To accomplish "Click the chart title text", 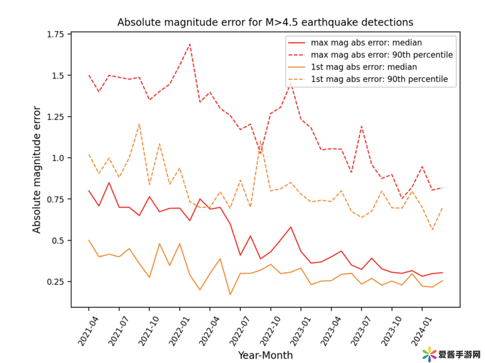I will pyautogui.click(x=265, y=22).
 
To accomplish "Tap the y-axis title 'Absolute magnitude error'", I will pyautogui.click(x=36, y=170).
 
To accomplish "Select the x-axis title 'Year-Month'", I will pyautogui.click(x=265, y=355).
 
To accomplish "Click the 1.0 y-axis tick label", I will pyautogui.click(x=58, y=158).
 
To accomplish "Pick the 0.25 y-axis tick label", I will pyautogui.click(x=56, y=282).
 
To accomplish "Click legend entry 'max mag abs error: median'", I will pyautogui.click(x=366, y=43).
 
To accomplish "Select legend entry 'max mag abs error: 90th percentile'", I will pyautogui.click(x=382, y=55).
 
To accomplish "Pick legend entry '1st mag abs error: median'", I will pyautogui.click(x=364, y=67).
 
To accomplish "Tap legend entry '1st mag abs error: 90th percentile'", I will pyautogui.click(x=379, y=79).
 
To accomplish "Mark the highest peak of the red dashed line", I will pyautogui.click(x=190, y=44).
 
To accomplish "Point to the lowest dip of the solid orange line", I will pyautogui.click(x=230, y=295).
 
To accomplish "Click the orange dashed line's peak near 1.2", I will pyautogui.click(x=139, y=124).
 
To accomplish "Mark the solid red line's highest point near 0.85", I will pyautogui.click(x=109, y=183).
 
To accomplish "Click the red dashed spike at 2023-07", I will pyautogui.click(x=361, y=126).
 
